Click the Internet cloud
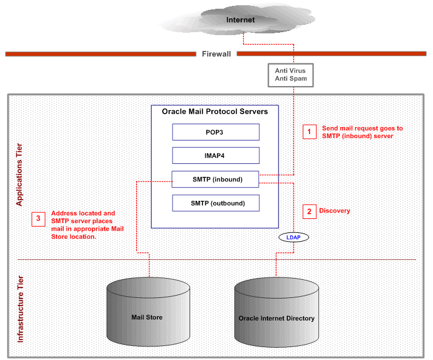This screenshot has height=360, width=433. tap(240, 20)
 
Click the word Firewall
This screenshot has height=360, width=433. tap(216, 54)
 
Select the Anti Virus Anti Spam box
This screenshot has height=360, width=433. tap(290, 75)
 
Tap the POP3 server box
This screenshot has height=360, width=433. tap(215, 132)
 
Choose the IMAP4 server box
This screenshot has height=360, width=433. tap(215, 155)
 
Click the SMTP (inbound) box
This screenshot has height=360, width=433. tap(215, 179)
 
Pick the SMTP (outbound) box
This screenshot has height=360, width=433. tap(215, 203)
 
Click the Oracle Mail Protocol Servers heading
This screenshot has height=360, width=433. tap(215, 112)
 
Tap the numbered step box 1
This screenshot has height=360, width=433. tap(309, 132)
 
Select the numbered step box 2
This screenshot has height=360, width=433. tap(309, 211)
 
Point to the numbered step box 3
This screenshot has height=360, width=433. tap(39, 219)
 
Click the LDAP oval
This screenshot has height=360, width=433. tap(293, 238)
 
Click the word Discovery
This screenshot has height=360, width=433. tap(334, 211)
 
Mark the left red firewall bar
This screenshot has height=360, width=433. tap(100, 54)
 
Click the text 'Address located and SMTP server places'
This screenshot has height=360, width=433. tap(84, 217)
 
